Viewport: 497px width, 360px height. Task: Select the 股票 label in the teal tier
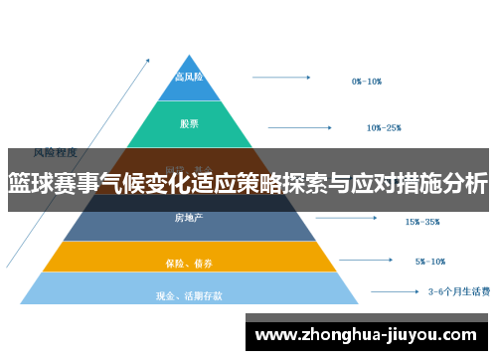click(x=190, y=124)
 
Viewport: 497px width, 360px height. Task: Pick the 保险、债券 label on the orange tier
click(x=190, y=264)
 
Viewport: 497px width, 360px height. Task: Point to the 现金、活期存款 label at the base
click(x=190, y=294)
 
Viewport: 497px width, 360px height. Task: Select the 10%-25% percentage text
click(x=384, y=127)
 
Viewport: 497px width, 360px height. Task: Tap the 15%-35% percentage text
click(x=422, y=222)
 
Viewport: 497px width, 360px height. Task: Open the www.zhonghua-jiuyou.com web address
click(x=367, y=334)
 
